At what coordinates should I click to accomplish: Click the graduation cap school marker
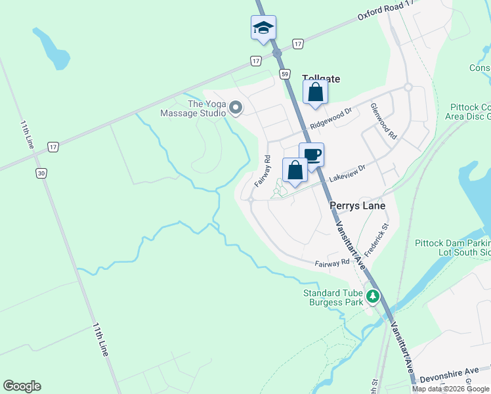(x=263, y=28)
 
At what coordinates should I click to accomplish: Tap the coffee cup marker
(x=311, y=156)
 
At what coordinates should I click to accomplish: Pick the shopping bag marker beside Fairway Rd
(x=295, y=170)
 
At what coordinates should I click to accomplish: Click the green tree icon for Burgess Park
(x=373, y=297)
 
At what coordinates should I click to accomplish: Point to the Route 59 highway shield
(x=284, y=74)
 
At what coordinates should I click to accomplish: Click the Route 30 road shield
(x=41, y=173)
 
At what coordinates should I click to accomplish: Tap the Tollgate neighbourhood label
(x=321, y=78)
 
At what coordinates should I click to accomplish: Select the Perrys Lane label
(x=356, y=206)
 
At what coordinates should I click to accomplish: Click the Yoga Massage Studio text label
(x=197, y=108)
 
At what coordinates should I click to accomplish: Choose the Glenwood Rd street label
(x=383, y=121)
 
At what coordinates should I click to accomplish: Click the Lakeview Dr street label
(x=347, y=173)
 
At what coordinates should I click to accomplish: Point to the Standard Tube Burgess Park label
(x=333, y=298)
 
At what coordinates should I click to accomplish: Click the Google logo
(x=22, y=386)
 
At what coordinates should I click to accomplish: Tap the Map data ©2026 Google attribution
(x=451, y=389)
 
